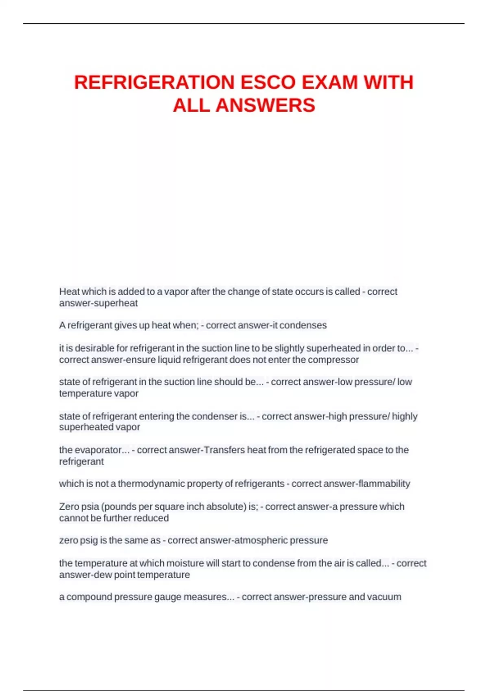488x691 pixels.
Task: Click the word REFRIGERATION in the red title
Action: pyautogui.click(x=155, y=82)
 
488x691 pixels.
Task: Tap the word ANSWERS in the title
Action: pyautogui.click(x=265, y=105)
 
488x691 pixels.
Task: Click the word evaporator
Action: pyautogui.click(x=100, y=450)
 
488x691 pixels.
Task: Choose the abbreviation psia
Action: pyautogui.click(x=89, y=506)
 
